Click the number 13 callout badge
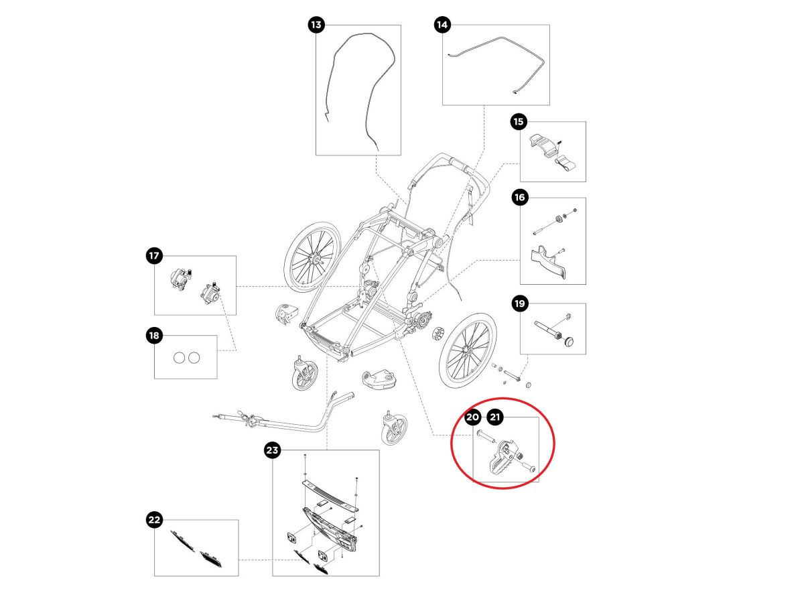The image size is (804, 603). [316, 25]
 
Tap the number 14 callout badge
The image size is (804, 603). [442, 25]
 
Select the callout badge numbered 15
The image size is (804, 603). [519, 122]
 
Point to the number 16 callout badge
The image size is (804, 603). [519, 198]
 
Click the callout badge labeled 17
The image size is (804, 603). [154, 255]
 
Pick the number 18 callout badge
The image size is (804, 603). [154, 336]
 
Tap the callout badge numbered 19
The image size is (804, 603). [519, 304]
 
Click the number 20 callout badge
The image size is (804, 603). [472, 417]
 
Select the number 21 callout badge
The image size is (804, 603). [495, 417]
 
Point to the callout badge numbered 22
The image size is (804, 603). [154, 519]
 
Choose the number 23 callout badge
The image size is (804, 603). [272, 450]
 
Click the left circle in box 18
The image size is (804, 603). [179, 358]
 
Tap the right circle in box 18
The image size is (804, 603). [194, 358]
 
